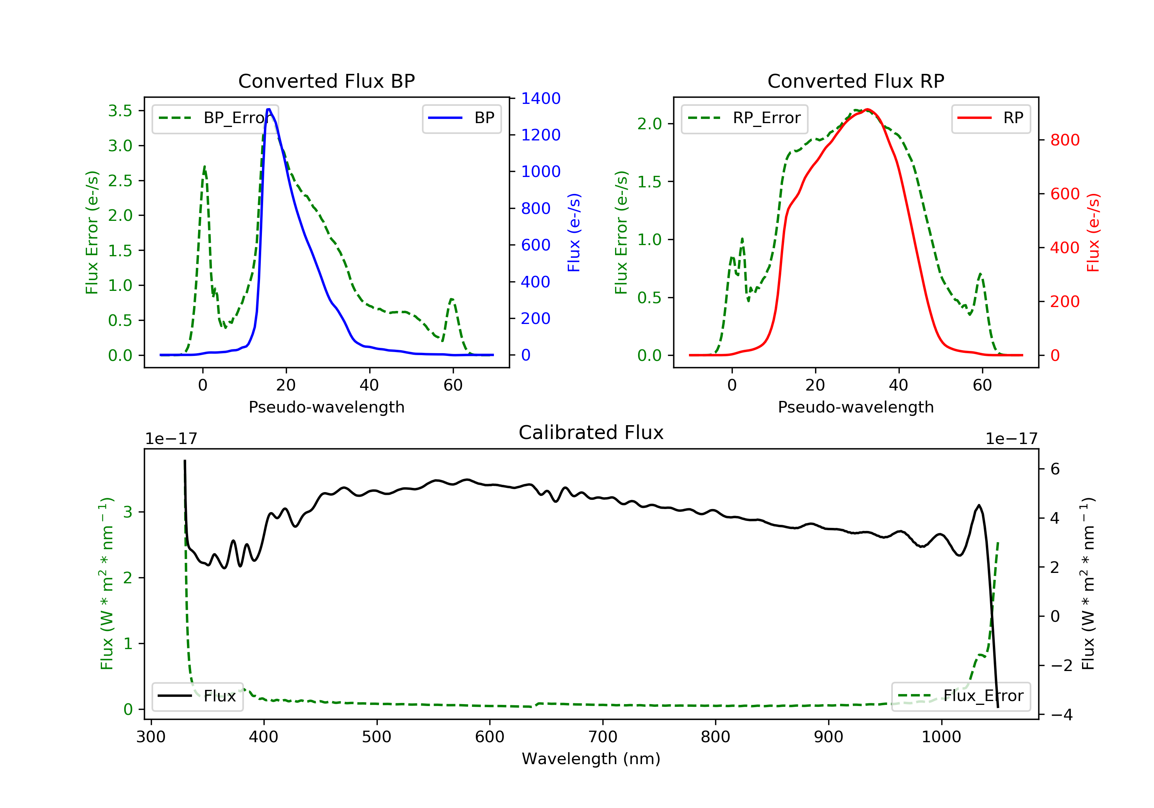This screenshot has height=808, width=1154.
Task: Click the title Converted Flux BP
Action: [x=327, y=81]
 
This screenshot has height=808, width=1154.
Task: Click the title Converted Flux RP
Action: [x=856, y=81]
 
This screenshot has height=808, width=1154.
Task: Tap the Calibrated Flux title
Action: [x=591, y=432]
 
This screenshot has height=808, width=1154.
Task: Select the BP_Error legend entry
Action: [x=215, y=119]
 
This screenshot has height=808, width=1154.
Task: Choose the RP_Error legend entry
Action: [x=744, y=119]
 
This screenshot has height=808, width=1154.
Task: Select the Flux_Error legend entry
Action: [x=961, y=696]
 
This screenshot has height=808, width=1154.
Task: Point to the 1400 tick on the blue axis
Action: [x=541, y=98]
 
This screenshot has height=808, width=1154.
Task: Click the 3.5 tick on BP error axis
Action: [x=120, y=110]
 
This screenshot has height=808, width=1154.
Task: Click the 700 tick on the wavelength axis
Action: [x=603, y=737]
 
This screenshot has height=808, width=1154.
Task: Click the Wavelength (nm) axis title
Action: [x=591, y=759]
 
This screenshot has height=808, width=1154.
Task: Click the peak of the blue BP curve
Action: [x=269, y=109]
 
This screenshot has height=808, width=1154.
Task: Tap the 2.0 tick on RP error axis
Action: [x=649, y=124]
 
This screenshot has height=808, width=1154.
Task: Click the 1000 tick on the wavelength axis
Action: [x=941, y=737]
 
